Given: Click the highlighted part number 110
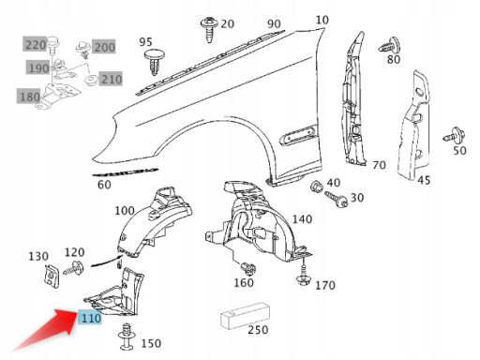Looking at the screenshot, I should click(90, 319).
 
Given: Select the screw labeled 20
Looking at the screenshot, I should click(207, 27).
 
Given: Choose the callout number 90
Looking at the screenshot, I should click(274, 23).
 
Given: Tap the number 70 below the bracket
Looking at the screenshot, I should click(378, 165).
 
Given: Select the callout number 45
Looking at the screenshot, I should click(424, 180).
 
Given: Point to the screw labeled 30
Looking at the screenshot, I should click(336, 200).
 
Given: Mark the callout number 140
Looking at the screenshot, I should click(302, 218).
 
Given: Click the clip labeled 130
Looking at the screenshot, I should click(49, 276).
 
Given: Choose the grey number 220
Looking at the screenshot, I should click(35, 45).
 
